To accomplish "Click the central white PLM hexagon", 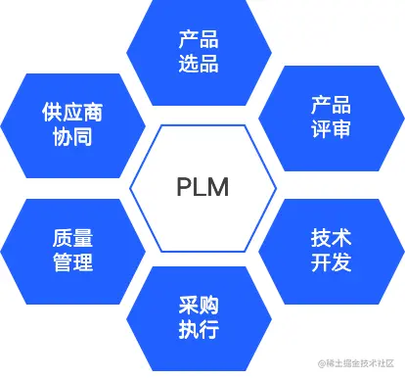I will pyautogui.click(x=202, y=188).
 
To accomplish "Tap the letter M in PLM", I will pyautogui.click(x=218, y=188).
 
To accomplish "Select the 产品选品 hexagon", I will pyautogui.click(x=199, y=53).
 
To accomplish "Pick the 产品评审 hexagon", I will pyautogui.click(x=330, y=118).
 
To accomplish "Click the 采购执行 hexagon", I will pyautogui.click(x=199, y=315).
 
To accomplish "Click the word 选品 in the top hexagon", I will pyautogui.click(x=199, y=65).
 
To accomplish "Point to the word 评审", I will pyautogui.click(x=330, y=130).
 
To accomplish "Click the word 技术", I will pyautogui.click(x=330, y=239).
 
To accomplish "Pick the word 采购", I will pyautogui.click(x=199, y=304).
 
